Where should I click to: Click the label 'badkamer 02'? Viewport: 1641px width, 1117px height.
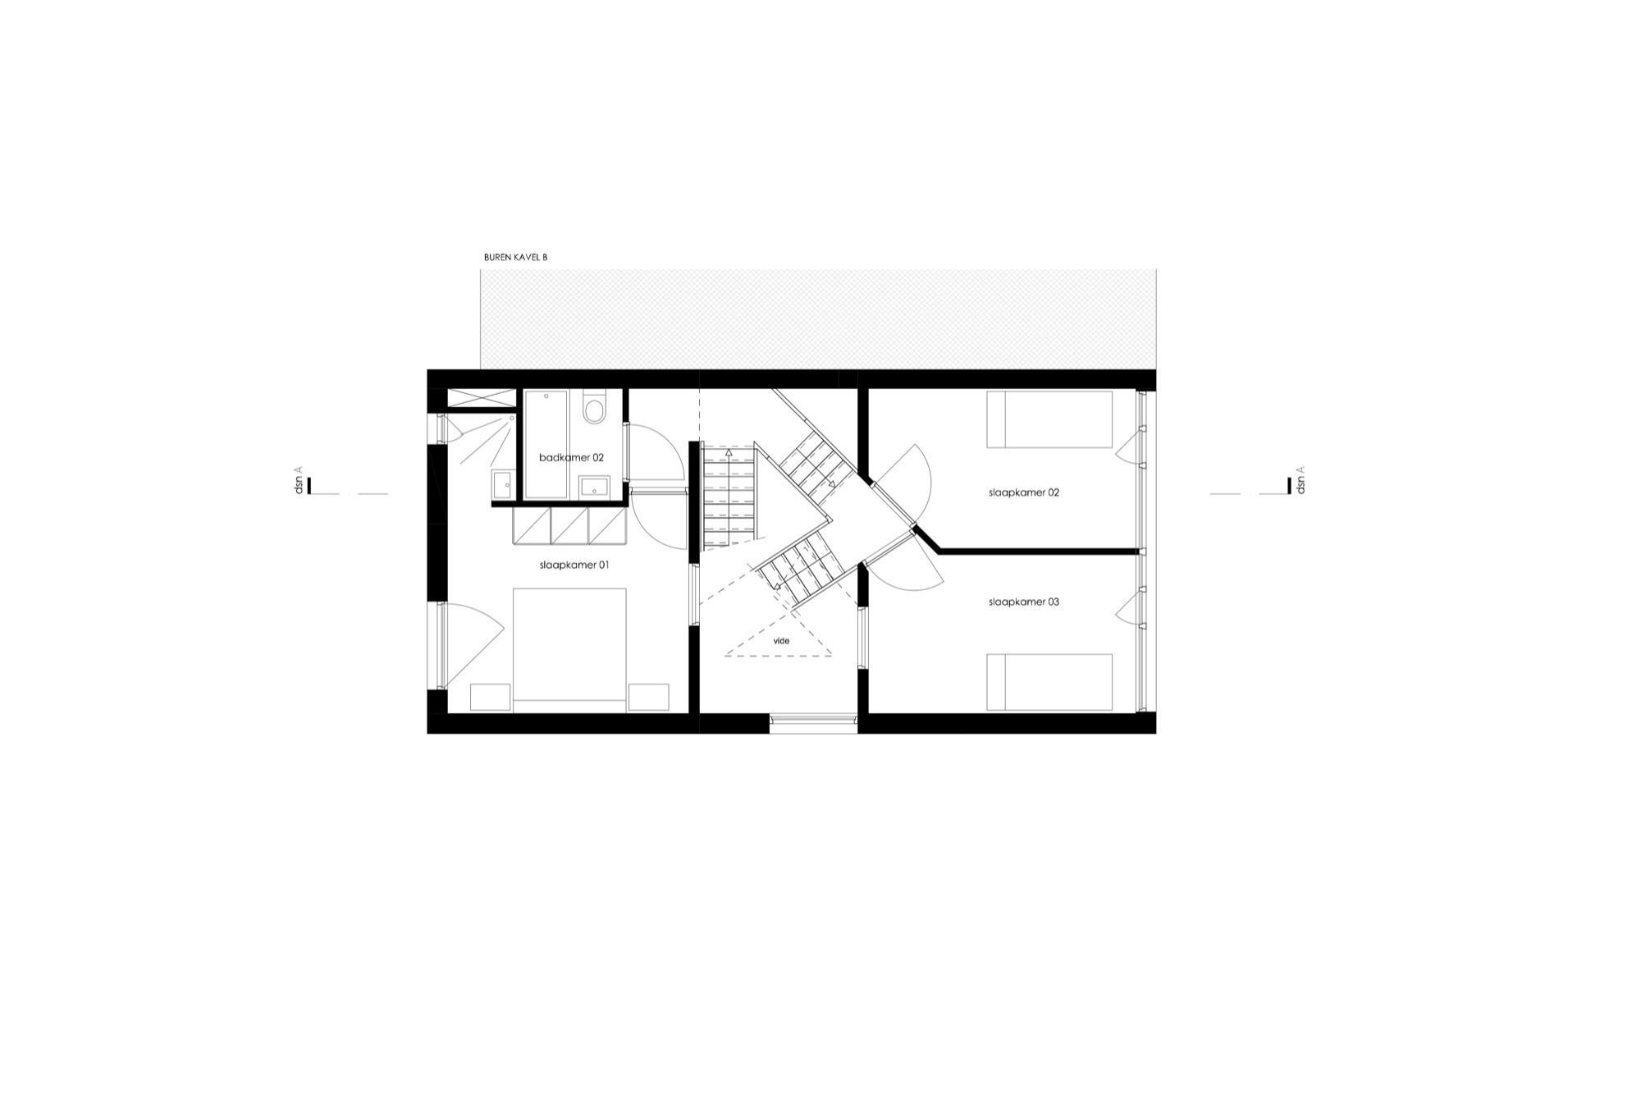pos(571,457)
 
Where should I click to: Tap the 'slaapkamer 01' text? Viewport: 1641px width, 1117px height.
pos(574,565)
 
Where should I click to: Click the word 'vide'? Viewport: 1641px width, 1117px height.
pos(781,641)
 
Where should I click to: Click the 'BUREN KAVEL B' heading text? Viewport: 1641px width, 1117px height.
pos(515,257)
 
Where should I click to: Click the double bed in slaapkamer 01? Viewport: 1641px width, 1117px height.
pos(569,648)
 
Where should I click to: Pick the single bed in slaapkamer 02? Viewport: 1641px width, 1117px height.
pos(1049,419)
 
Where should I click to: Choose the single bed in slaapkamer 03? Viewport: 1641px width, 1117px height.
pos(1049,681)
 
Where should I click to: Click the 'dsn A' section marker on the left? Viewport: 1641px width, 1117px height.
pos(303,482)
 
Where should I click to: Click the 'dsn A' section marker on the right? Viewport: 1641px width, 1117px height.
pos(1295,482)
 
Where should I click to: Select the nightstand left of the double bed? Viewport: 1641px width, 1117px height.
pos(491,697)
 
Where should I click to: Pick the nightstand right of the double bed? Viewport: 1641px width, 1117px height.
pos(648,697)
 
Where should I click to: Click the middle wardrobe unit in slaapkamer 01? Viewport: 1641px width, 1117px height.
pos(569,526)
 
